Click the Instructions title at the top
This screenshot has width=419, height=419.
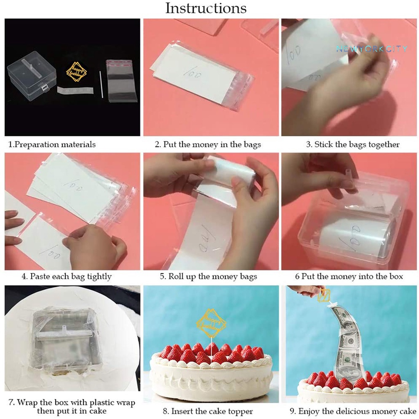206,8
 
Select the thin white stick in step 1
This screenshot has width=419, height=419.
101,84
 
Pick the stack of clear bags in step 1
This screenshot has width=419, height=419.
122,81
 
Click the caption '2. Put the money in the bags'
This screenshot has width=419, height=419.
207,144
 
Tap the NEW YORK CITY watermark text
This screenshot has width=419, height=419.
372,49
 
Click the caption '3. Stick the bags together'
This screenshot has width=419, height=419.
353,144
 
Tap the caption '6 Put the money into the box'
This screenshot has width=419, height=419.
349,277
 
